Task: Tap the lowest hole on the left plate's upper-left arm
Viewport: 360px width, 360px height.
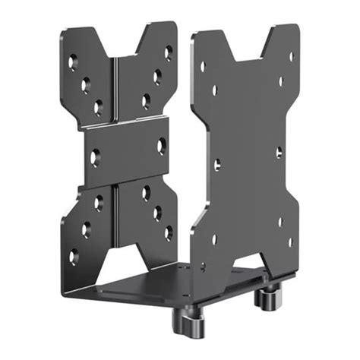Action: (x=98, y=107)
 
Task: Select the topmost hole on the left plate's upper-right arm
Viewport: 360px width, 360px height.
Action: (x=169, y=52)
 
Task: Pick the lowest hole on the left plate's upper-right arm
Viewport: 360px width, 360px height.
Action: (x=147, y=99)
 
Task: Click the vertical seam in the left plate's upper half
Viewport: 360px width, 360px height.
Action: (x=115, y=87)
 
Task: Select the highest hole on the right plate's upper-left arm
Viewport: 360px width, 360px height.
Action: (x=203, y=66)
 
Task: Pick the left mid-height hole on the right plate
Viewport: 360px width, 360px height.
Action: (x=217, y=163)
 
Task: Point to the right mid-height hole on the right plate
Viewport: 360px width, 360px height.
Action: (x=279, y=152)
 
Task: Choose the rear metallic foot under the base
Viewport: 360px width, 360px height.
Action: (x=270, y=298)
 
